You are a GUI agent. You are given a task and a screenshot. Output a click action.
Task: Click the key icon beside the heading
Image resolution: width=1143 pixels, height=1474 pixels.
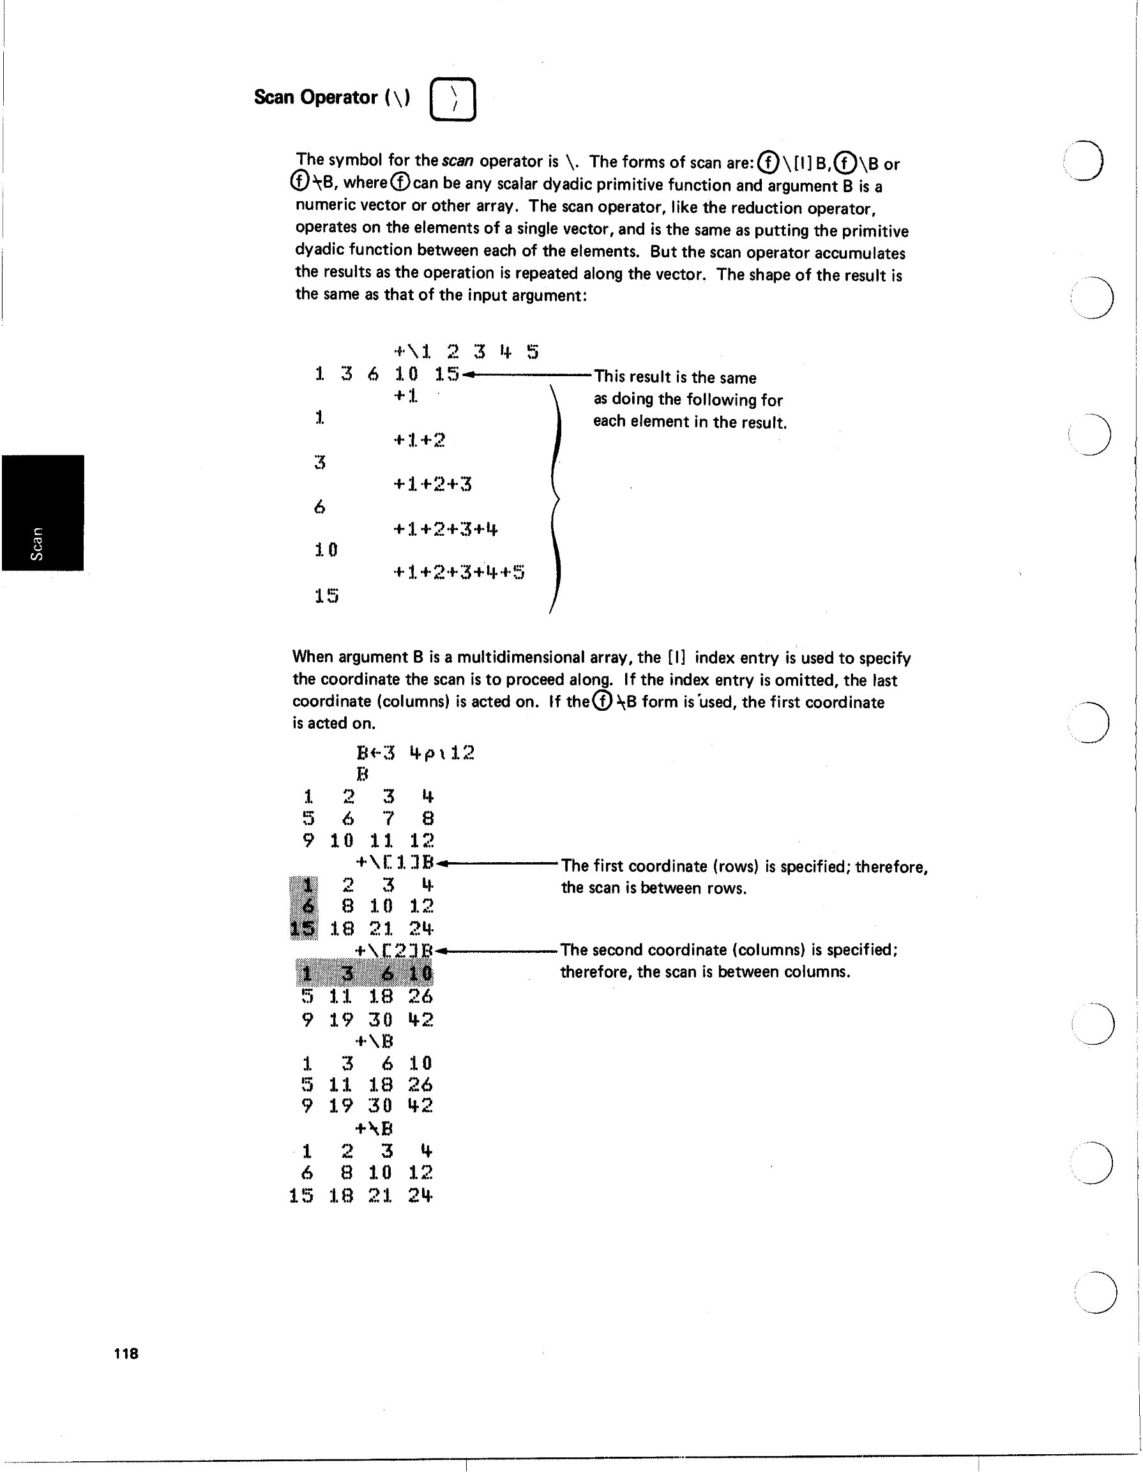click(453, 100)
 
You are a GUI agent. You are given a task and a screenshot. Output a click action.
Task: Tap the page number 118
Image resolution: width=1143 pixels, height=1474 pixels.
click(126, 1354)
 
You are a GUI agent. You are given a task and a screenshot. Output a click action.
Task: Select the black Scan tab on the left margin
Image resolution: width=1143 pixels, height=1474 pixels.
click(43, 513)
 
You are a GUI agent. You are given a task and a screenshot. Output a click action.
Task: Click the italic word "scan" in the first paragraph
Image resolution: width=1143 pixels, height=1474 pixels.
click(457, 162)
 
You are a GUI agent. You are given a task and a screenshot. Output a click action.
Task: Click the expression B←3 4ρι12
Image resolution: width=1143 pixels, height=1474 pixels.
click(415, 752)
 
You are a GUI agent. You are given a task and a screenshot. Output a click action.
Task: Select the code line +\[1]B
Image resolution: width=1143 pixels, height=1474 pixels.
click(397, 863)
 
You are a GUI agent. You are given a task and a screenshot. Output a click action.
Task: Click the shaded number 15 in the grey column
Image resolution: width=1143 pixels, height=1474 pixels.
click(303, 929)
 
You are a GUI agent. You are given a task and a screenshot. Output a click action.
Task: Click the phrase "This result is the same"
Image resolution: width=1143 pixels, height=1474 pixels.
click(675, 378)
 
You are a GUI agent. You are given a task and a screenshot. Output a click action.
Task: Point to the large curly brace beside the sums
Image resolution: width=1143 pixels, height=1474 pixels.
click(556, 499)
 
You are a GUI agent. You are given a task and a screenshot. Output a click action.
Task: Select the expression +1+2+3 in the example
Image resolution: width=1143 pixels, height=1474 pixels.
click(432, 484)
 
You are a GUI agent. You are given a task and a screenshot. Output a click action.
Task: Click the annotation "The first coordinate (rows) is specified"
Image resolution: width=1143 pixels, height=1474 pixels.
click(702, 867)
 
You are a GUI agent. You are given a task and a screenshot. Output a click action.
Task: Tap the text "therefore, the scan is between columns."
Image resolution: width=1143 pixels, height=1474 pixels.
click(705, 972)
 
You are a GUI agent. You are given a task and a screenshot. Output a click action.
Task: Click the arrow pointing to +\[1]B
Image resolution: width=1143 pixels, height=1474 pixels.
click(499, 863)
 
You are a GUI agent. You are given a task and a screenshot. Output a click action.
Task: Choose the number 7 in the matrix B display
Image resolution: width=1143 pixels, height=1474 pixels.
click(388, 819)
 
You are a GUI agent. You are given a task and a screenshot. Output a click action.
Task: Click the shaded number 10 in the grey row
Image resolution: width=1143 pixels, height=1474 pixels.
click(420, 974)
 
